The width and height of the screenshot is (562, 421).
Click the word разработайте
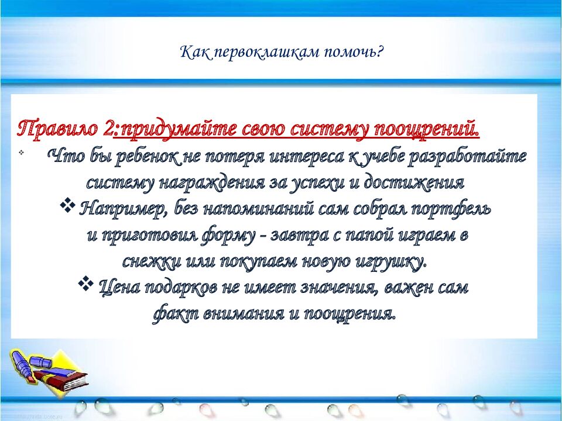pos(475,157)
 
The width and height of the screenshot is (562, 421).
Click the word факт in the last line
pos(174,313)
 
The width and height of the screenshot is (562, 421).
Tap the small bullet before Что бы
pos(21,153)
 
